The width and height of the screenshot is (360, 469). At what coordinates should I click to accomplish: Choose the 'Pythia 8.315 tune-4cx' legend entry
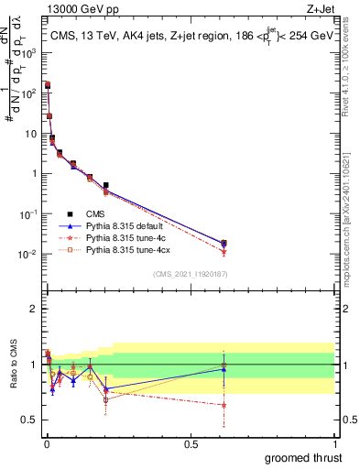(x=127, y=248)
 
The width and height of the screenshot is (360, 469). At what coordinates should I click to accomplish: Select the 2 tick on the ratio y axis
(x=33, y=309)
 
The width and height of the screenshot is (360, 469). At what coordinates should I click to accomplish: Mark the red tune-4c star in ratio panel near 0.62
(x=224, y=404)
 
